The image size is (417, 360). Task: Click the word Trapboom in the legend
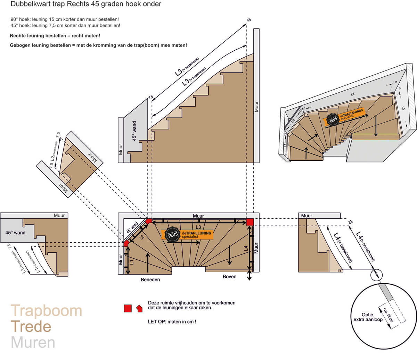(46, 311)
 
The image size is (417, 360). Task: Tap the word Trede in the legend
(31, 327)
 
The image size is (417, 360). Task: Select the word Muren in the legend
(33, 342)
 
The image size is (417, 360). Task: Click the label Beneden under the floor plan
(150, 279)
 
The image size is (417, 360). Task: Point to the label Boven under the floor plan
(229, 277)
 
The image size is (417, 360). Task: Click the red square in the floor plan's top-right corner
(250, 222)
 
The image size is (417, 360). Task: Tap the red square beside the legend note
(128, 308)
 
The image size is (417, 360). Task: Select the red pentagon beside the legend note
(139, 308)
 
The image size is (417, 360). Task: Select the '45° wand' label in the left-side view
(15, 233)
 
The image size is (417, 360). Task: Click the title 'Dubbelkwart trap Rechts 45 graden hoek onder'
(86, 4)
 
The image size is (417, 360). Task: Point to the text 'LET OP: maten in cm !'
(172, 322)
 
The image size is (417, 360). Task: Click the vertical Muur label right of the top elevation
(256, 107)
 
